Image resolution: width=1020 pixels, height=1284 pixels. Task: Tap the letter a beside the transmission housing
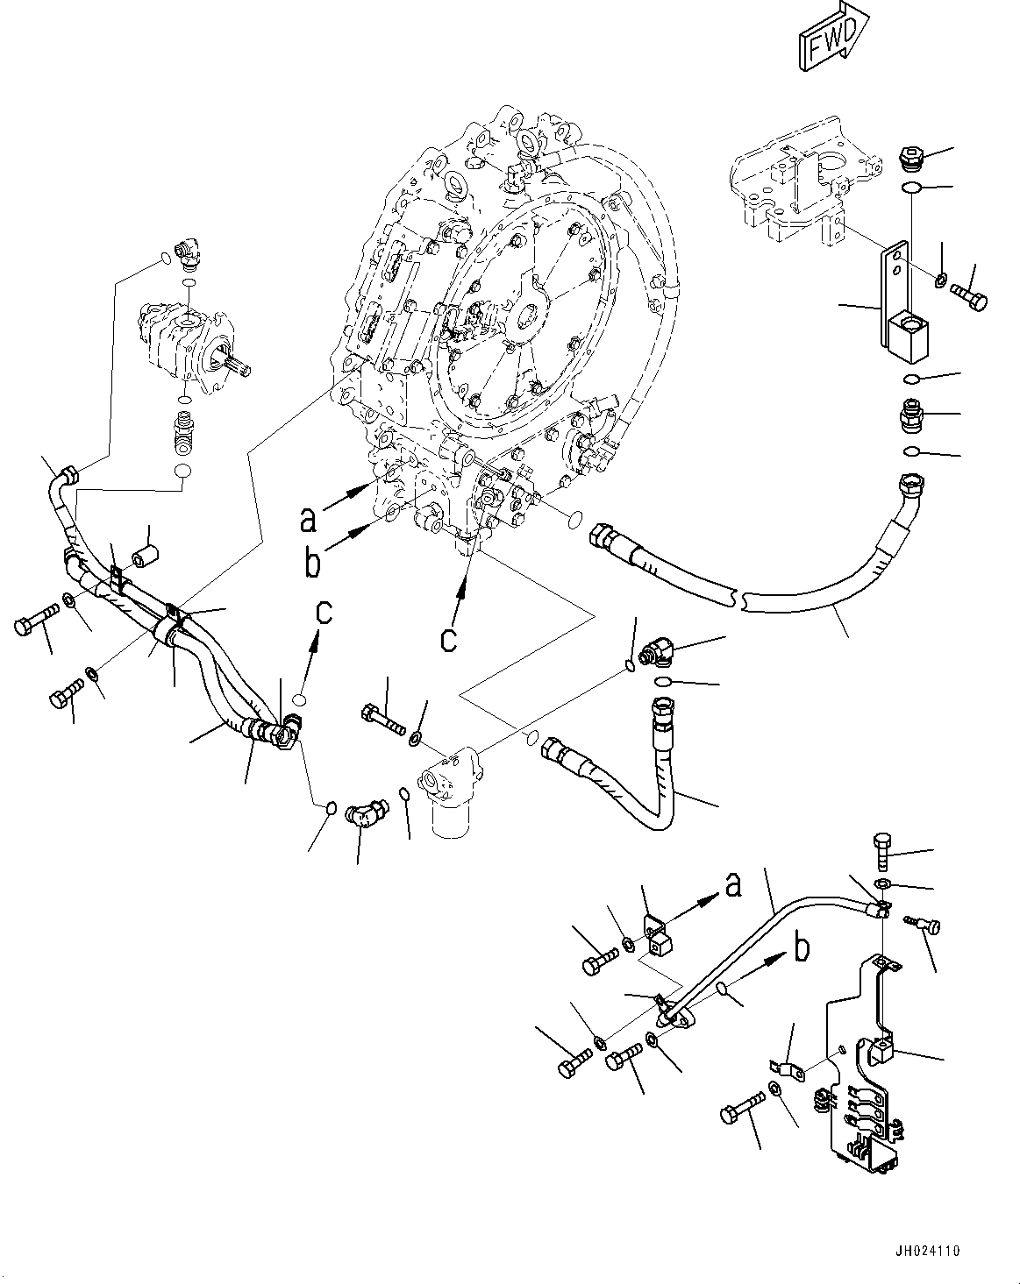pyautogui.click(x=308, y=521)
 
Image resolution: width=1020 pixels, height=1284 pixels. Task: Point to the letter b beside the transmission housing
pyautogui.click(x=313, y=563)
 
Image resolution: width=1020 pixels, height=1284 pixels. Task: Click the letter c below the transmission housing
pyautogui.click(x=448, y=638)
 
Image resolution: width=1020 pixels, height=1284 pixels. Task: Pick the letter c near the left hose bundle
pyautogui.click(x=324, y=613)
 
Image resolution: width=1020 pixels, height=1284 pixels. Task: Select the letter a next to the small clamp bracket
pyautogui.click(x=733, y=884)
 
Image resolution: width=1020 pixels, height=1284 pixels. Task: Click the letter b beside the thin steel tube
pyautogui.click(x=801, y=948)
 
